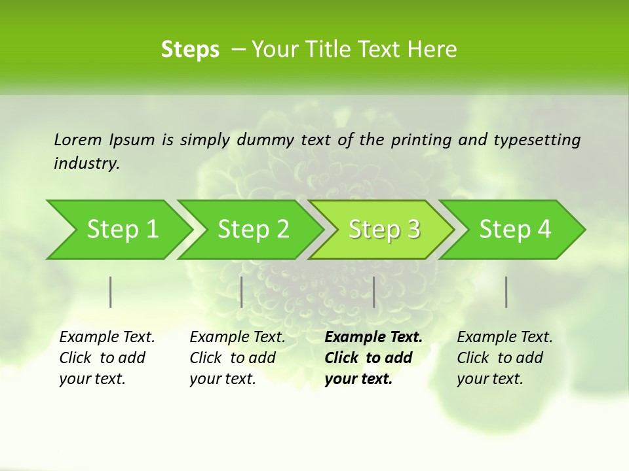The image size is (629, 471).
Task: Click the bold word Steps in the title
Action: tap(190, 49)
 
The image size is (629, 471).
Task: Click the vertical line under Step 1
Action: tap(111, 292)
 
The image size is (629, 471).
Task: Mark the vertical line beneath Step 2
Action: tap(242, 292)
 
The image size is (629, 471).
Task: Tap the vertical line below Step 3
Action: tap(374, 292)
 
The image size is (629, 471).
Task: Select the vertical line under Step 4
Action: tap(506, 292)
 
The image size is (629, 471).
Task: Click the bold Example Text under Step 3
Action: tap(373, 358)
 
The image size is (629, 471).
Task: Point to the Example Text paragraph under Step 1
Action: tap(107, 358)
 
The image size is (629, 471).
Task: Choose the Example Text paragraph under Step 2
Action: tap(237, 358)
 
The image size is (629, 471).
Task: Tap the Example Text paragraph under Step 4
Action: tap(505, 358)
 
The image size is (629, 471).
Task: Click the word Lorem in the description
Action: tap(77, 139)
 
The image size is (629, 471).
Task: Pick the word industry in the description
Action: tap(86, 164)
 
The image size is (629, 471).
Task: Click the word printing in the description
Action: tap(419, 139)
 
